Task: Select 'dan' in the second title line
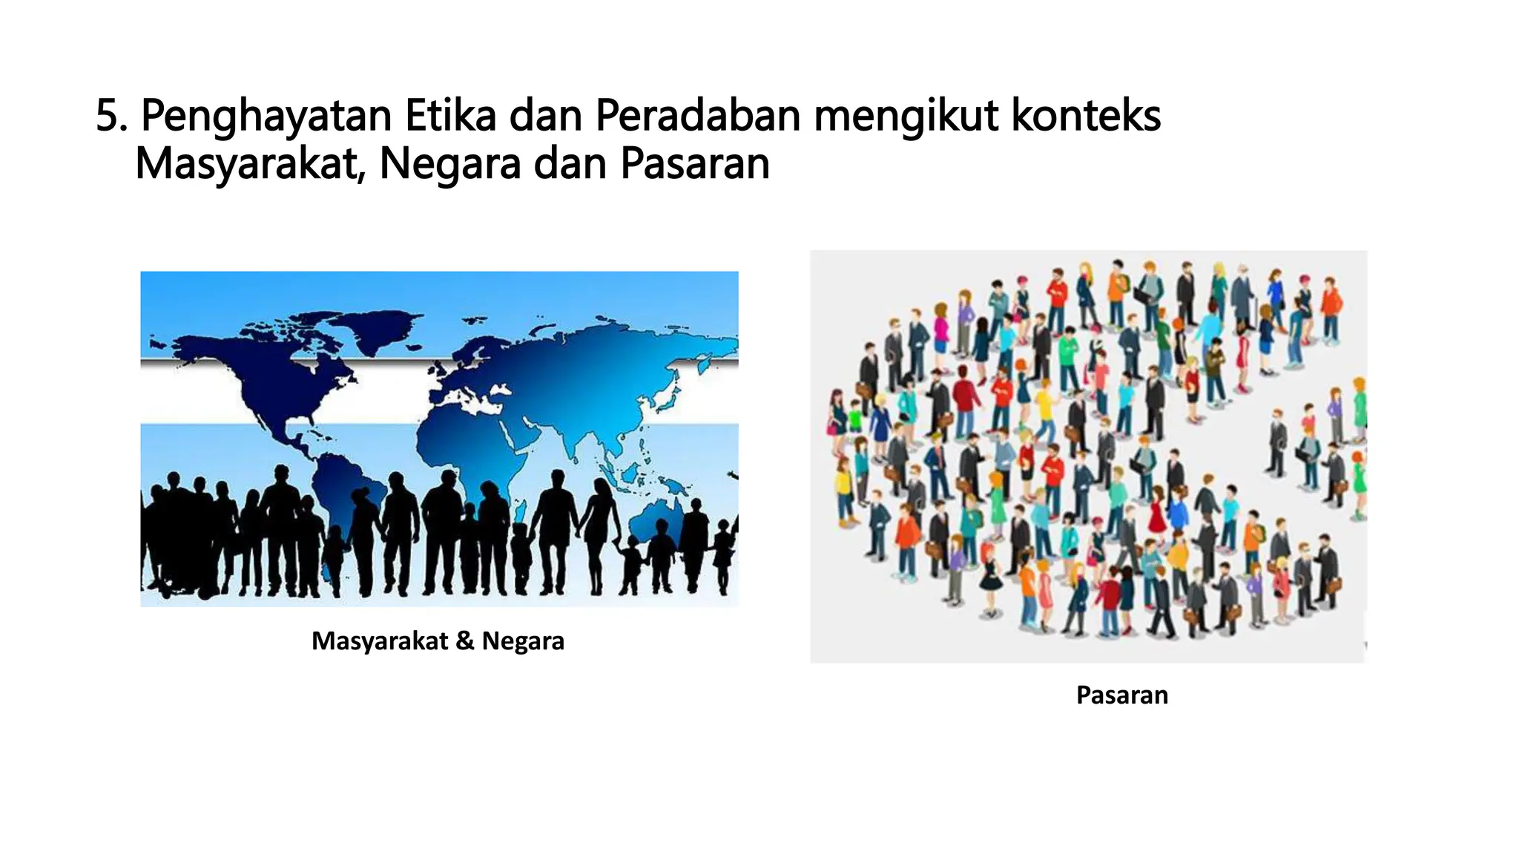pos(570,163)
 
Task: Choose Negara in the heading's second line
pos(450,165)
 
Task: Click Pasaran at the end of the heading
pos(695,163)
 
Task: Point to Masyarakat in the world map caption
pos(380,641)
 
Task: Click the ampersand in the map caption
pos(465,641)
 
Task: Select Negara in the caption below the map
pos(523,641)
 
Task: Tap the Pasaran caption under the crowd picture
pos(1121,695)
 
